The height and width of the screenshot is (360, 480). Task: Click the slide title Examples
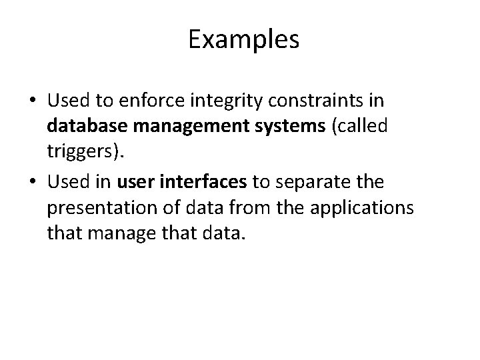(x=243, y=40)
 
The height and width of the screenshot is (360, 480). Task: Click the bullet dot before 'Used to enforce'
(x=32, y=102)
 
